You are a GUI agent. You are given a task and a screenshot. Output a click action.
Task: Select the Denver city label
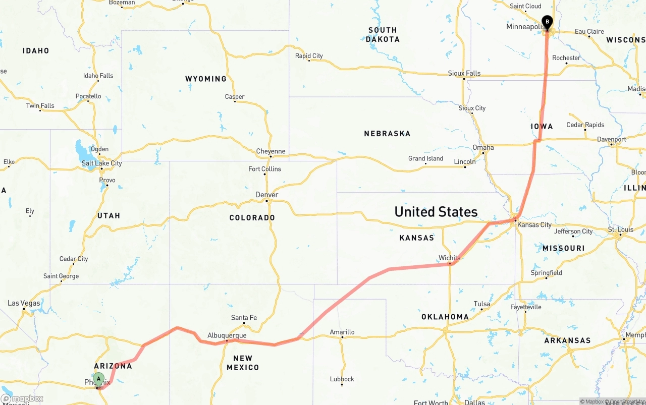[267, 195]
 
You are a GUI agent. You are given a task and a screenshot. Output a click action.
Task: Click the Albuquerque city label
[227, 335]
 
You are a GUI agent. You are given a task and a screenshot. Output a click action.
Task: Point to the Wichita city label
[450, 258]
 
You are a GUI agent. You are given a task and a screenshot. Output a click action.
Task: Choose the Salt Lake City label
[101, 163]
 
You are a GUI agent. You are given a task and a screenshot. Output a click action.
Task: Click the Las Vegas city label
[24, 303]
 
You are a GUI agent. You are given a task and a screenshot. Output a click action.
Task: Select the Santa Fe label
[244, 318]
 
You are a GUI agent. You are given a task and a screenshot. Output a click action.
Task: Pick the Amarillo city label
[342, 332]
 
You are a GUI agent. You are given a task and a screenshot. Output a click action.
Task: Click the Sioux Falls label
[464, 73]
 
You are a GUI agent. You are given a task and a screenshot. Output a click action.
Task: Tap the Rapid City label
[309, 56]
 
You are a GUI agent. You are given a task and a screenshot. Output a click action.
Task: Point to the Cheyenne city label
[271, 151]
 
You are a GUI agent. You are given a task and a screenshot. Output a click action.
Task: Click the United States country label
[436, 211]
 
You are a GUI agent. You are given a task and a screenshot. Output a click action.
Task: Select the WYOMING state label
[206, 79]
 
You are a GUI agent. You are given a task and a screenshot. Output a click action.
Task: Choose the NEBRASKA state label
[387, 134]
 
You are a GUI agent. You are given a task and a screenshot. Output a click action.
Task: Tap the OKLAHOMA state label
[445, 317]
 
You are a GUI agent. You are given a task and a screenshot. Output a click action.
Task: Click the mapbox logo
[22, 399]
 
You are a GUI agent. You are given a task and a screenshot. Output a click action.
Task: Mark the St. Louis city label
[621, 229]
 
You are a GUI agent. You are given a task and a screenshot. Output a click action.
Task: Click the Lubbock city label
[342, 379]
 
